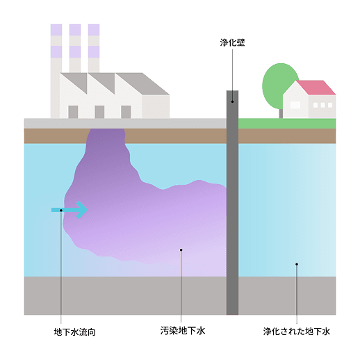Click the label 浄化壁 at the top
(232, 42)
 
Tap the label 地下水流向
(74, 332)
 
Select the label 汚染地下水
(182, 332)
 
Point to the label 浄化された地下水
(297, 332)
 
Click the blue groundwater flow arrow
(70, 209)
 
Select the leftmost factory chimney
(56, 56)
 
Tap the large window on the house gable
(296, 105)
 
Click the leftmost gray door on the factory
(73, 112)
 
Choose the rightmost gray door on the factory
(126, 112)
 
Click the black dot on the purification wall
(232, 101)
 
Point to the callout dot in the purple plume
(181, 249)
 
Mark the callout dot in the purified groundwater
(297, 264)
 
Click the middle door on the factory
(99, 112)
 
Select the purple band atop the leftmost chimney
(56, 30)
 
